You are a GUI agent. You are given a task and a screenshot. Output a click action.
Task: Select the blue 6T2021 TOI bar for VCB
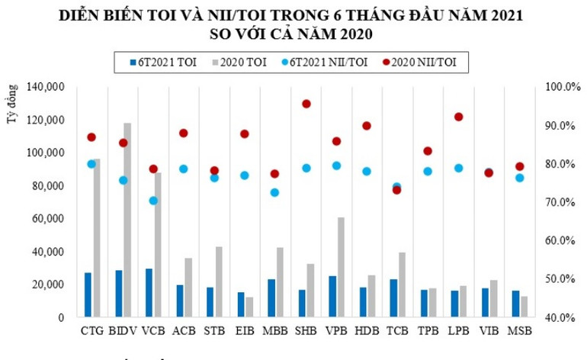coord(149,293)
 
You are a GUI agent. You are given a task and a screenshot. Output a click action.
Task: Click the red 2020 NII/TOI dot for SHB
coord(306,104)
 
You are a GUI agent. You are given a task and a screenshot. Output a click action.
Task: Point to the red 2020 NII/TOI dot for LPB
coord(458,117)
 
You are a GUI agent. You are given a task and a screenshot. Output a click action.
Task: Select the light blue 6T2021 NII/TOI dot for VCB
coord(152,201)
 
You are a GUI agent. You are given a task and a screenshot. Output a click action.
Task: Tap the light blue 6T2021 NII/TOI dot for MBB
coord(274,192)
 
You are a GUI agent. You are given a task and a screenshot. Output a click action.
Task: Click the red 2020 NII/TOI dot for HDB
coord(367,126)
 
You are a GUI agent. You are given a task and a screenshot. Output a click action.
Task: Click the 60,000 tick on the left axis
coord(50,219)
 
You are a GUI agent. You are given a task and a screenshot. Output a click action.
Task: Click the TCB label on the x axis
coord(397,331)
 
